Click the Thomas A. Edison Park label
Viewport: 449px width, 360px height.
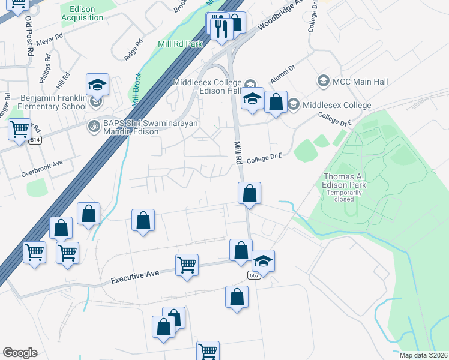coord(345,181)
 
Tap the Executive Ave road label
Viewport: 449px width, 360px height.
coord(135,277)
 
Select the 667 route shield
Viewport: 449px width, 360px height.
coord(253,274)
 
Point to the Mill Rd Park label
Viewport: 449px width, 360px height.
coord(181,44)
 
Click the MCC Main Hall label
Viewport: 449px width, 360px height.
coord(360,82)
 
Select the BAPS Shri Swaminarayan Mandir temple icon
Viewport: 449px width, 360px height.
coord(93,126)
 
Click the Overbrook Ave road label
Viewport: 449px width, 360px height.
coord(42,163)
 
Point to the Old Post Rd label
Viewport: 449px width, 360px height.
coord(28,35)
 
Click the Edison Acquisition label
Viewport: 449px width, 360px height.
coord(82,14)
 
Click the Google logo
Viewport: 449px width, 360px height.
coord(20,353)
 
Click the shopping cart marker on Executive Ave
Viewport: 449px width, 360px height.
coord(187,265)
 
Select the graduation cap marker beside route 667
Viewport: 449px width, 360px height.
coord(263,260)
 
